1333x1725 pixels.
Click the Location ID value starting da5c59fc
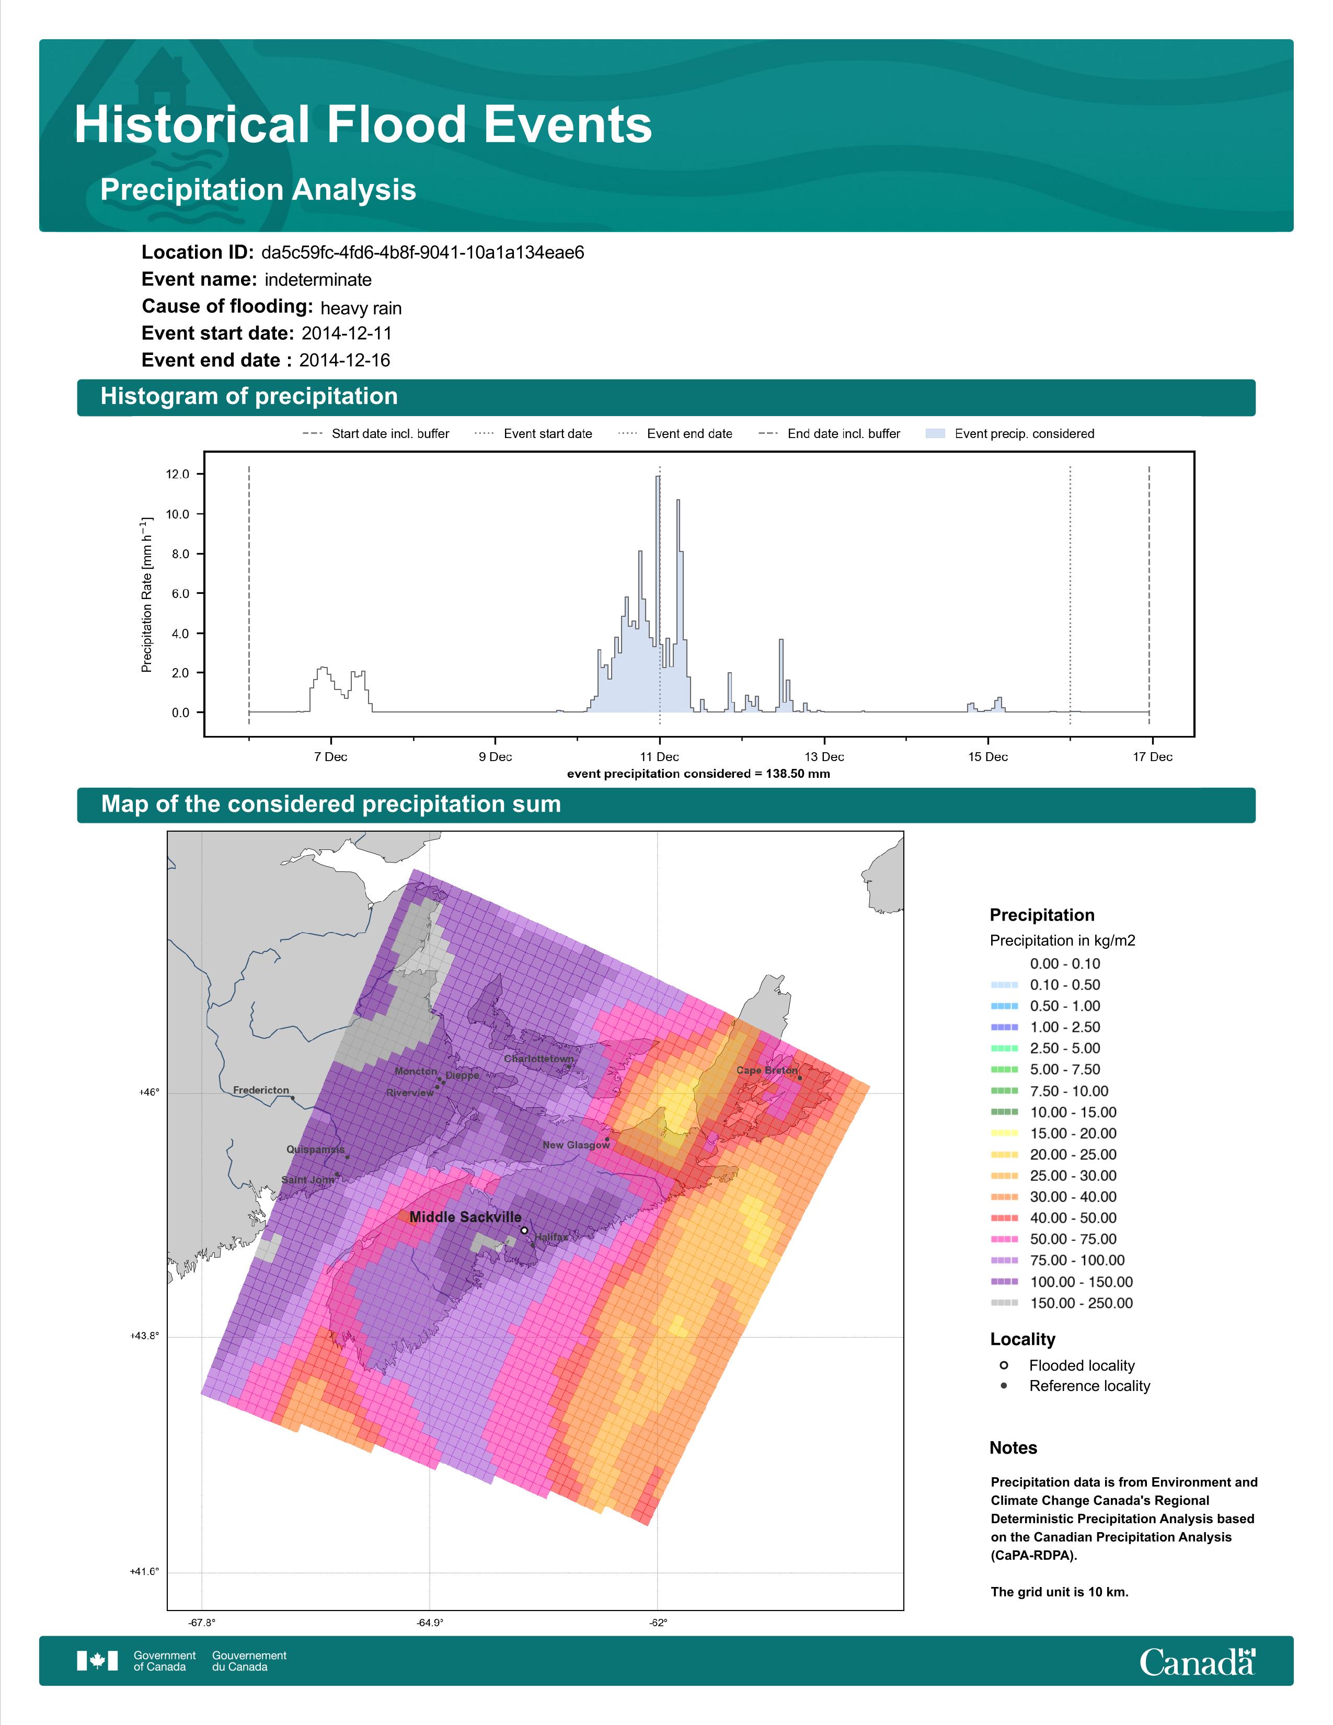[x=422, y=253]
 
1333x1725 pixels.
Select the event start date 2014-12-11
[x=347, y=333]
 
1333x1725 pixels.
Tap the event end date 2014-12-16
[x=344, y=360]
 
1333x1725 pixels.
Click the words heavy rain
[x=361, y=308]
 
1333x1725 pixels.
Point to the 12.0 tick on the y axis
[x=178, y=474]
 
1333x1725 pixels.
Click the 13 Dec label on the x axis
[x=824, y=757]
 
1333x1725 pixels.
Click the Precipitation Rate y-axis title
[x=146, y=595]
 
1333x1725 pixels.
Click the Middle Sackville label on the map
[x=465, y=1217]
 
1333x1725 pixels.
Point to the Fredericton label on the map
[x=261, y=1090]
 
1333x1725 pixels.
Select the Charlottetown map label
[x=539, y=1059]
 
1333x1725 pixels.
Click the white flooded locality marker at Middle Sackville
[x=524, y=1230]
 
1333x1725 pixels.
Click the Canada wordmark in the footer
[x=1197, y=1662]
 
